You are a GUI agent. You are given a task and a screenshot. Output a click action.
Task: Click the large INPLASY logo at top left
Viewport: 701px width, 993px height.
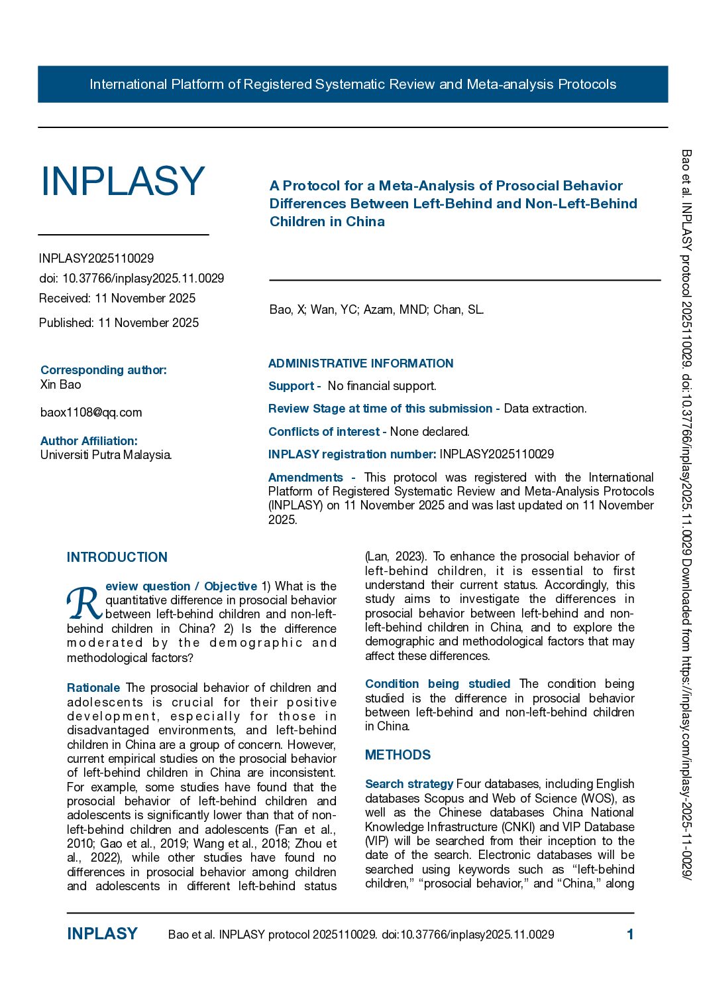(123, 181)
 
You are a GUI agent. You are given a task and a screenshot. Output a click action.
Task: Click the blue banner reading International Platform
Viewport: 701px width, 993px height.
(352, 84)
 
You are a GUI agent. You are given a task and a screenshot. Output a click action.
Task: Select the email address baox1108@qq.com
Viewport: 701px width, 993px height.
(91, 413)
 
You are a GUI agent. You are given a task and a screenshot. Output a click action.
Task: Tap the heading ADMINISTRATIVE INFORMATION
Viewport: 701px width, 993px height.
(360, 364)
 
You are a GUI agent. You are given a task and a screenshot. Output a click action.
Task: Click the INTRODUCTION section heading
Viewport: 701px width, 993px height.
(117, 557)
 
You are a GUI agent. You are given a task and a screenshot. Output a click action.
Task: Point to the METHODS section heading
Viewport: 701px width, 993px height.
(398, 755)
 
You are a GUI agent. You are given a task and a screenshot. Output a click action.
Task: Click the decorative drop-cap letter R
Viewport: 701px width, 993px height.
(84, 602)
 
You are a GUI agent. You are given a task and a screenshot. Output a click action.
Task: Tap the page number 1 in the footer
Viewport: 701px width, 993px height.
(630, 935)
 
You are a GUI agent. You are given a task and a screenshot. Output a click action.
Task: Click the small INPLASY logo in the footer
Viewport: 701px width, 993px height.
(102, 934)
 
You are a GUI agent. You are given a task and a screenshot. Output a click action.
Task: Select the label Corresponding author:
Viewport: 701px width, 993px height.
(103, 370)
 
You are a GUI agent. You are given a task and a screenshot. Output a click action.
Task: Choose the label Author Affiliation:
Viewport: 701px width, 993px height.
(89, 441)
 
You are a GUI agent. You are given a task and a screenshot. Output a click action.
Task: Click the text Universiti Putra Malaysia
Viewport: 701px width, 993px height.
(106, 455)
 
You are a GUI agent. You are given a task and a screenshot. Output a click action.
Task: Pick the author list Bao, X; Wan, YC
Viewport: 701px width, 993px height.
(376, 310)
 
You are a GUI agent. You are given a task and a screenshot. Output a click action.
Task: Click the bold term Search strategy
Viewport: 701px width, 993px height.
(409, 784)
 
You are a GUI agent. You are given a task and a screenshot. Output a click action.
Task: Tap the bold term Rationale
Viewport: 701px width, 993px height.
(93, 688)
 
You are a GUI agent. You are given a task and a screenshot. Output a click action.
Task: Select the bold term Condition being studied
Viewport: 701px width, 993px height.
(437, 684)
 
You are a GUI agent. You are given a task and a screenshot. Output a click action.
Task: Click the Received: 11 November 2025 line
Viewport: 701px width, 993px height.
(117, 298)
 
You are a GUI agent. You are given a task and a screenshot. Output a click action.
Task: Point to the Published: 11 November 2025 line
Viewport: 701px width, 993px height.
(119, 323)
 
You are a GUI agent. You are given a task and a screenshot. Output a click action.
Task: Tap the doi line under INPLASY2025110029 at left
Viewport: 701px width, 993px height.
(131, 279)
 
